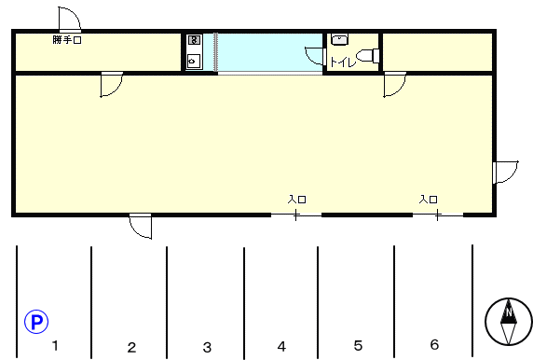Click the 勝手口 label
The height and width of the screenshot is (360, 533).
[67, 40]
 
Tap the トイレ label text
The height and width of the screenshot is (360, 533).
[343, 62]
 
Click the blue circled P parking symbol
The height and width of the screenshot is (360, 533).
[36, 322]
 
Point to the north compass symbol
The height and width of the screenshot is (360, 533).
[509, 322]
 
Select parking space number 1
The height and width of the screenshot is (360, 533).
[55, 345]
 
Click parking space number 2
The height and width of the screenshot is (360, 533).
[131, 347]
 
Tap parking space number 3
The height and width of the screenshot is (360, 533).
[207, 347]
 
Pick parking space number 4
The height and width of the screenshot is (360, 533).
[281, 346]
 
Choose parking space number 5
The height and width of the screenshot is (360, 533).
[358, 345]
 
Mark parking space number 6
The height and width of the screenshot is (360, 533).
[434, 345]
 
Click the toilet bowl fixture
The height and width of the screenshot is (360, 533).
[367, 56]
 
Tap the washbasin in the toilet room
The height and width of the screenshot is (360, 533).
[339, 39]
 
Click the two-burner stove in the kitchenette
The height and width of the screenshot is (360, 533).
[194, 40]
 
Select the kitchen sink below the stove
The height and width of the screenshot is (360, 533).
[194, 62]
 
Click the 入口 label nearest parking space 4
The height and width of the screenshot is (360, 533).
[296, 199]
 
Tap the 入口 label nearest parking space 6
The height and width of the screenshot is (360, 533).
[429, 199]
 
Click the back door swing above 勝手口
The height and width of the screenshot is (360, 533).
[69, 19]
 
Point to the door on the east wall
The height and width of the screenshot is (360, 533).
[505, 173]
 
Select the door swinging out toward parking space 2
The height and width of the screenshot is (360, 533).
[141, 226]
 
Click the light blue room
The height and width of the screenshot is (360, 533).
[270, 52]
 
